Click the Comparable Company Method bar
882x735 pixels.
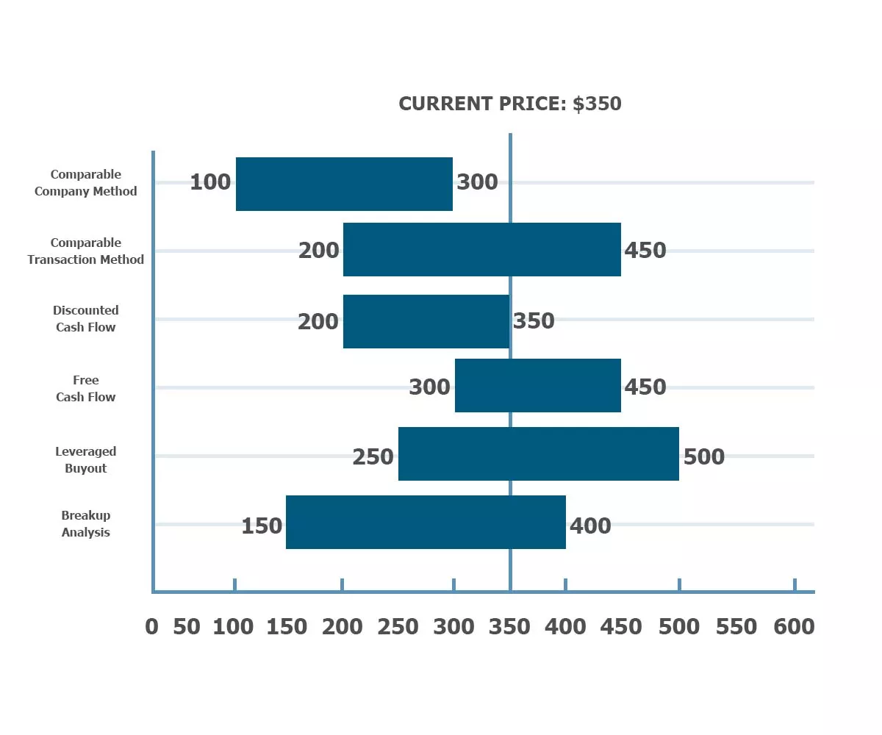344,184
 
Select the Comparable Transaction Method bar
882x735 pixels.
481,250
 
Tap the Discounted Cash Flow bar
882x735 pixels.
426,321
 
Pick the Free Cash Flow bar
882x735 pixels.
537,385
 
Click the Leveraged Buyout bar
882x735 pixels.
538,453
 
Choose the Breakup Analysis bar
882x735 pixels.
426,522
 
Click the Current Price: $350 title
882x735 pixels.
510,104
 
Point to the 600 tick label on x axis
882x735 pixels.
794,627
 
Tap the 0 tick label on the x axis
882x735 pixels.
151,627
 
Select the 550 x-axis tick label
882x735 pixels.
736,627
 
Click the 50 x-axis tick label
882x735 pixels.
187,627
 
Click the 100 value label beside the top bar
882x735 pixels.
210,182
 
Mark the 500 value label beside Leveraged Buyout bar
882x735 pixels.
704,457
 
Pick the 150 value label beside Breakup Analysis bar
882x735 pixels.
262,526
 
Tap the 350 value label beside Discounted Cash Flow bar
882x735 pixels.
534,321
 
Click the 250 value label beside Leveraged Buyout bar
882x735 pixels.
373,457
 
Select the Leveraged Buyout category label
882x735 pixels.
85,460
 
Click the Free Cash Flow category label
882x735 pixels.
85,389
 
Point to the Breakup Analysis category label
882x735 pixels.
85,524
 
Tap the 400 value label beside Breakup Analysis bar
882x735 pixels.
590,526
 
